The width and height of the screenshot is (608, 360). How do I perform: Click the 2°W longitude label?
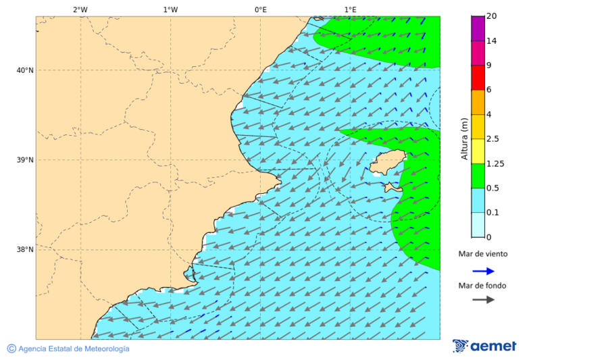click(80, 9)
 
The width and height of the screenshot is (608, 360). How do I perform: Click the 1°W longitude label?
click(170, 9)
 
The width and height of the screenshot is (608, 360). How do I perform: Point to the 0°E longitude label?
click(260, 9)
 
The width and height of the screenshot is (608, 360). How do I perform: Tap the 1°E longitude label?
click(350, 9)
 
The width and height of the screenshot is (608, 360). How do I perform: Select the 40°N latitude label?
click(25, 70)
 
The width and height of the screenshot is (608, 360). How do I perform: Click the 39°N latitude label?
click(25, 160)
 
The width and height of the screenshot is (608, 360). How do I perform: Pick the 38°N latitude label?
click(25, 250)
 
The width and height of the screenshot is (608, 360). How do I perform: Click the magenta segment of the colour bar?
click(478, 28)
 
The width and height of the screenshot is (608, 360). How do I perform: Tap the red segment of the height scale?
click(478, 77)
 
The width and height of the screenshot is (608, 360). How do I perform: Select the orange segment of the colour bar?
click(478, 102)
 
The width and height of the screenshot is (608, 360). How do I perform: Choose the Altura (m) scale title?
click(464, 138)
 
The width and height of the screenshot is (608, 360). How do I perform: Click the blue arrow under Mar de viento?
click(483, 271)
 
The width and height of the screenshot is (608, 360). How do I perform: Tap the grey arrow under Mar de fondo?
click(483, 300)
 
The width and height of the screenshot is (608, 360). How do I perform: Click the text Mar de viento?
click(482, 254)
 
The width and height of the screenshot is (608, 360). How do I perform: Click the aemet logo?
click(484, 346)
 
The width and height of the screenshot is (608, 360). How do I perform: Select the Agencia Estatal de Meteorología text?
click(73, 349)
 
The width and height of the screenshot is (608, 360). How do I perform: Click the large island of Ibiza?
click(386, 163)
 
